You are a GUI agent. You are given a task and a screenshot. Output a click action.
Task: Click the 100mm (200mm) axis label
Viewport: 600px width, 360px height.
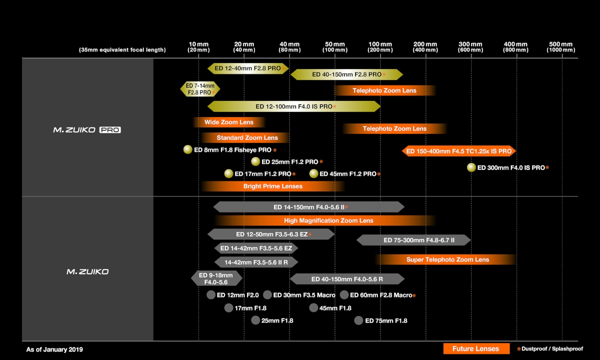tap(380, 47)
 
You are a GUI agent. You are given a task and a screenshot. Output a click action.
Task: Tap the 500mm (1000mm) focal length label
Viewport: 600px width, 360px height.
tap(560, 47)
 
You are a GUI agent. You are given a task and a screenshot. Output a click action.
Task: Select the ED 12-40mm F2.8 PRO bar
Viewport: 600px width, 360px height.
tap(248, 68)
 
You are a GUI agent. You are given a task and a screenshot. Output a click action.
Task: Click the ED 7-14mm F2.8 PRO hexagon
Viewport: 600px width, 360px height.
tap(200, 89)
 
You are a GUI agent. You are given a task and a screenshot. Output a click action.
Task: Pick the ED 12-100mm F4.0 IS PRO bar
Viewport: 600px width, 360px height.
tap(294, 106)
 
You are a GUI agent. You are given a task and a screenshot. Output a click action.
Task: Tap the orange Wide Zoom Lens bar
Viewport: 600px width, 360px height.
tap(229, 122)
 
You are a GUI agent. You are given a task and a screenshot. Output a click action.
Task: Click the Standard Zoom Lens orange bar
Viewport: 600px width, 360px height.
tap(245, 137)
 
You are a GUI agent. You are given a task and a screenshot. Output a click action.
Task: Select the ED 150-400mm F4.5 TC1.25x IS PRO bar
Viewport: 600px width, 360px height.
tap(459, 151)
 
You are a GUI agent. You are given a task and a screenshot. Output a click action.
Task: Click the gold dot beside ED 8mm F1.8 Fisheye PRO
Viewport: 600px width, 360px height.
tap(188, 149)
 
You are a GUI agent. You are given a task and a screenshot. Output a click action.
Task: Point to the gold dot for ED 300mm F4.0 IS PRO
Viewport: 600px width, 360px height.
tap(471, 167)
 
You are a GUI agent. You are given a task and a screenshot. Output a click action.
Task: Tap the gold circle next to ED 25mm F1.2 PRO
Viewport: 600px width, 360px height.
tap(255, 161)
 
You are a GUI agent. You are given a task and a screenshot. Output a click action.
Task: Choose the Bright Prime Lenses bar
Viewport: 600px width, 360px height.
tap(273, 186)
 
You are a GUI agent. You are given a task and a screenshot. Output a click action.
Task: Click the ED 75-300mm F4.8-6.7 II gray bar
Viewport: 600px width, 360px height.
tap(413, 240)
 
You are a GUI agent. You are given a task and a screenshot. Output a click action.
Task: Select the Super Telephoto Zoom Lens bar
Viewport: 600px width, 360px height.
tap(445, 259)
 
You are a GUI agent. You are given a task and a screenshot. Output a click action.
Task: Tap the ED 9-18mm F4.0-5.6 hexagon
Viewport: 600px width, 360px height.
tap(216, 278)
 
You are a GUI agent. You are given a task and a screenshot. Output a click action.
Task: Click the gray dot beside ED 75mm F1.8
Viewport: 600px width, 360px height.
tap(358, 320)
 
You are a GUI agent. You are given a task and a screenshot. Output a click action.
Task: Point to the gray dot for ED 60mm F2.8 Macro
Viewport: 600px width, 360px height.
tap(344, 294)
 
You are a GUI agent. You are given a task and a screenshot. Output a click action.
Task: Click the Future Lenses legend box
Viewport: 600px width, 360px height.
tap(476, 348)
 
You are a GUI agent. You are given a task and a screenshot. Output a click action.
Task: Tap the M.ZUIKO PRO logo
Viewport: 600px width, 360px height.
tap(87, 130)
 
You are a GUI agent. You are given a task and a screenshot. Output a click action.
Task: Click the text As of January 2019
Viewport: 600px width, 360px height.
tap(54, 349)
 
